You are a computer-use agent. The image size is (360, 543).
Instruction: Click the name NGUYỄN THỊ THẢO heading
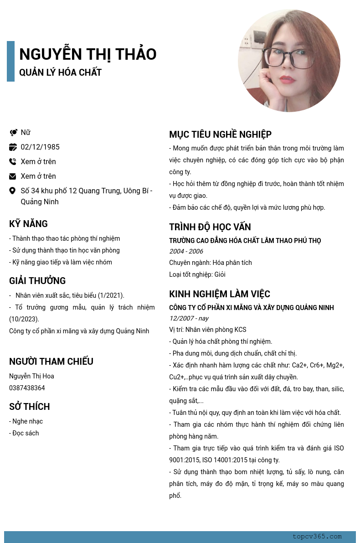87,54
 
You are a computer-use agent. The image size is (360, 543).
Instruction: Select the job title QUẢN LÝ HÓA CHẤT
60,72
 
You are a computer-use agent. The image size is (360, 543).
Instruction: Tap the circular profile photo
289,61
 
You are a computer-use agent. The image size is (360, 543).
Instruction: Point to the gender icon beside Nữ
13,133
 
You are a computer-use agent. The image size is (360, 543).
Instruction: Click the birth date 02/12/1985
40,147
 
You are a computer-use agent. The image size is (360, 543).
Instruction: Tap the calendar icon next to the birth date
13,147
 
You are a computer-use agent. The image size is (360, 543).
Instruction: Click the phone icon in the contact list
13,161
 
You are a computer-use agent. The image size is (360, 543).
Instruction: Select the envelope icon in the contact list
13,176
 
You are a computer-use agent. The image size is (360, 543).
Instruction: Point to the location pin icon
13,191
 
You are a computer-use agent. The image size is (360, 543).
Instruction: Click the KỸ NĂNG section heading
28,224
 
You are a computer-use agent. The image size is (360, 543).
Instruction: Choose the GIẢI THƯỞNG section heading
37,281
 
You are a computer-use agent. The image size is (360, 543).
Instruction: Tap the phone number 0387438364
27,388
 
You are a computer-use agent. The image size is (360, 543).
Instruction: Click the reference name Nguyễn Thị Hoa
31,376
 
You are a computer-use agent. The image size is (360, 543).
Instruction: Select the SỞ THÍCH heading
30,407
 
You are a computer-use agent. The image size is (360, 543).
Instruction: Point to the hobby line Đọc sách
24,433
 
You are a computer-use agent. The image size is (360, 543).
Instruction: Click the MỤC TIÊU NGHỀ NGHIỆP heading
220,134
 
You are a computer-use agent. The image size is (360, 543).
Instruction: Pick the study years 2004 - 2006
186,251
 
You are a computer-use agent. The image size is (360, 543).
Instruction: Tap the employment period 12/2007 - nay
189,318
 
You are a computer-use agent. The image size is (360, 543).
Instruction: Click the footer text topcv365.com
317,537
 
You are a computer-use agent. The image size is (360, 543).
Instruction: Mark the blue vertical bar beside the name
10,61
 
